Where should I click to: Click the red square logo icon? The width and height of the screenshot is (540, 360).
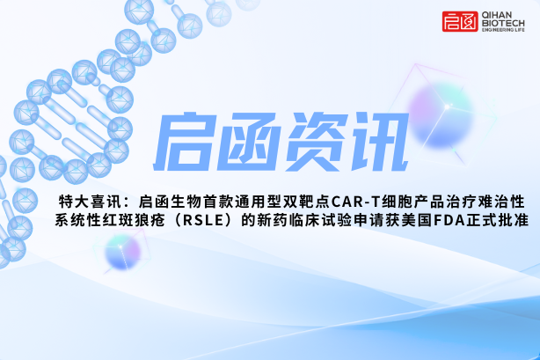coord(460,21)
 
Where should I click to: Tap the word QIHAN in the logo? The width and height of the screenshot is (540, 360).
coord(497,15)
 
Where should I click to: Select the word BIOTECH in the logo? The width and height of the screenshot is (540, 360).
coord(503,23)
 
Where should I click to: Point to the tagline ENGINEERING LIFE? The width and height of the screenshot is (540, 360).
coord(503,30)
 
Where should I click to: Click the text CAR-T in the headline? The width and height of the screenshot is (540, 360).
coord(355,202)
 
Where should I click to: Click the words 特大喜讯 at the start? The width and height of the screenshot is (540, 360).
coord(91,202)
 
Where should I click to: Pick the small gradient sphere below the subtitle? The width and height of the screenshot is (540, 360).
coord(123,252)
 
